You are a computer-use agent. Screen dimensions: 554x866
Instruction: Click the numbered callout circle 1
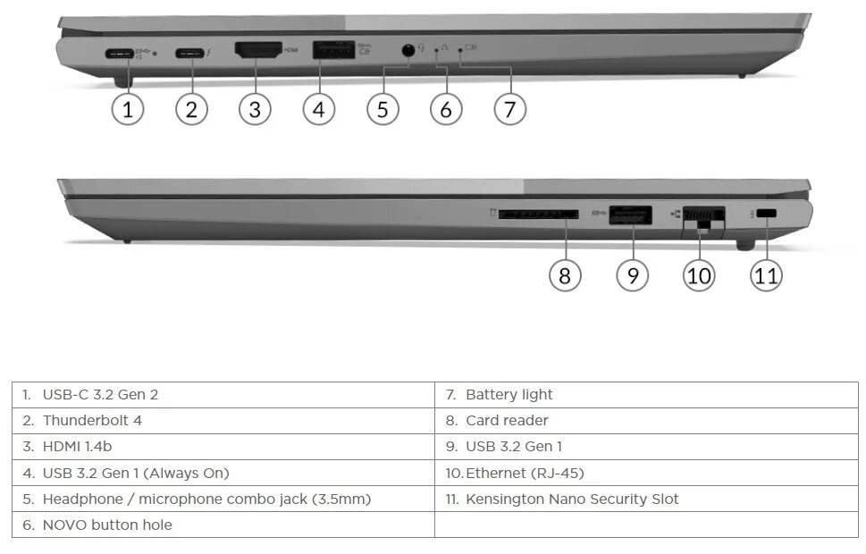click(x=127, y=109)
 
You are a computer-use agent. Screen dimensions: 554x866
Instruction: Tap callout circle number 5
click(x=383, y=109)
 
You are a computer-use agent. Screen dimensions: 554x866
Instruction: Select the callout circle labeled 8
click(x=564, y=275)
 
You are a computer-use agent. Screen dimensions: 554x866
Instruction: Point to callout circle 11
click(x=766, y=275)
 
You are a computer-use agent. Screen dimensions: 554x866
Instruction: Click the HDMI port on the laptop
click(x=257, y=50)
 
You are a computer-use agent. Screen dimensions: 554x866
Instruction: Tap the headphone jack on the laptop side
click(x=408, y=50)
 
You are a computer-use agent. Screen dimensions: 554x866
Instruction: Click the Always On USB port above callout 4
click(x=332, y=50)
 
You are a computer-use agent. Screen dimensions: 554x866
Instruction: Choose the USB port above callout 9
click(x=631, y=214)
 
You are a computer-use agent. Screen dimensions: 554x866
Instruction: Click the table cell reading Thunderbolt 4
click(x=92, y=420)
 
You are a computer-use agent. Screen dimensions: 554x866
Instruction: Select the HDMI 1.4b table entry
click(x=77, y=446)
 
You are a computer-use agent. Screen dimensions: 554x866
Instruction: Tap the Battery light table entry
click(x=509, y=394)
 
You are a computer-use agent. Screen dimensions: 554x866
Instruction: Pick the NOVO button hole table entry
click(x=106, y=525)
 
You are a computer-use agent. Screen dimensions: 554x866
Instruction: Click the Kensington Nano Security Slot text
click(x=572, y=499)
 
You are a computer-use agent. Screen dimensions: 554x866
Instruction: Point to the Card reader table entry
click(x=507, y=420)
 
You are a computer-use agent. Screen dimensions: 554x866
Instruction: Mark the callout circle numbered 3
click(x=255, y=109)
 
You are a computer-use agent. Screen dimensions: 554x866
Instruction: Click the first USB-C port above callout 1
click(x=121, y=53)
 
